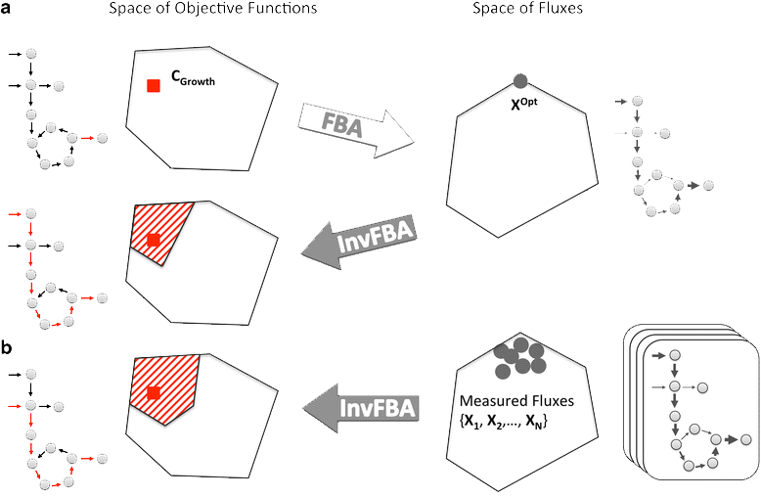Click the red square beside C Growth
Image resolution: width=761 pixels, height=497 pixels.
154,86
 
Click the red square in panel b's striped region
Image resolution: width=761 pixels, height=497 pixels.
154,393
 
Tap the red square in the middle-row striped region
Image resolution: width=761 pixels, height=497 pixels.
154,239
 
